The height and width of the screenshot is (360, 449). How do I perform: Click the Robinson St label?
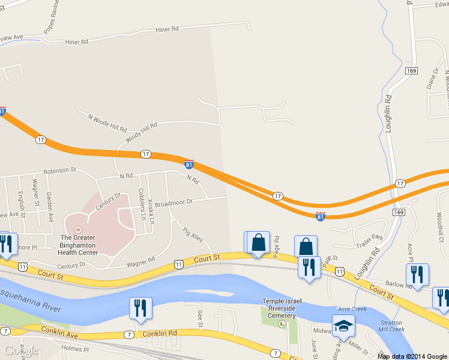[x=59, y=170]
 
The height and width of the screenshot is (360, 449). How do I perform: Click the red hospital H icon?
[x=77, y=229]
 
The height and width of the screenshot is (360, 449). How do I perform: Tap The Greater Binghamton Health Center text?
[x=78, y=244]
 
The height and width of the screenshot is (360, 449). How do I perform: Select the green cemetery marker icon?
[x=282, y=324]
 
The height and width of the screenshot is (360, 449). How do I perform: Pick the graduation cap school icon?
[x=344, y=325]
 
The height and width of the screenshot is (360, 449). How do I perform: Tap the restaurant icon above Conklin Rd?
[x=140, y=308]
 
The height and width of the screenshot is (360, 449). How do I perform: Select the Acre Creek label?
[x=352, y=309]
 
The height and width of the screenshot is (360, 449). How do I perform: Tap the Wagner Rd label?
[x=140, y=262]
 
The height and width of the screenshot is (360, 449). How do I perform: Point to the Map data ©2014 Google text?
[x=412, y=356]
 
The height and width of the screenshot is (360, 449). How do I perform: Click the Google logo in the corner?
[x=21, y=350]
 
